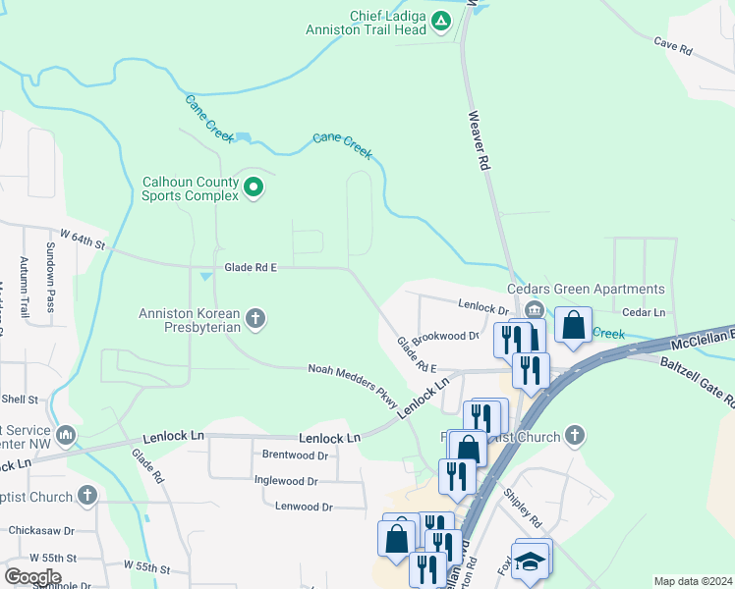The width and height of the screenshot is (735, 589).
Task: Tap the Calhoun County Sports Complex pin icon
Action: click(x=254, y=187)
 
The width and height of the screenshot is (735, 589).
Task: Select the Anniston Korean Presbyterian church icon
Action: click(x=255, y=316)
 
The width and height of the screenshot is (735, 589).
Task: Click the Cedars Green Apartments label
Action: click(x=586, y=289)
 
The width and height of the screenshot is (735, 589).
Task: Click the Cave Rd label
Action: click(x=673, y=45)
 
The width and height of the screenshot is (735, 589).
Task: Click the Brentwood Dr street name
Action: click(x=295, y=455)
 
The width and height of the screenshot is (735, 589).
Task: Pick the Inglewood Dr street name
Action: click(x=286, y=481)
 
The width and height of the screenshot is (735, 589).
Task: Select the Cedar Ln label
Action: click(x=645, y=312)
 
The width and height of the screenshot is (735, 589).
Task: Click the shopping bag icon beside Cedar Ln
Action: click(x=573, y=325)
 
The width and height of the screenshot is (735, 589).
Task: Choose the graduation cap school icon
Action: click(x=531, y=561)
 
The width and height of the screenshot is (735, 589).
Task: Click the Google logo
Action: click(x=31, y=576)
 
